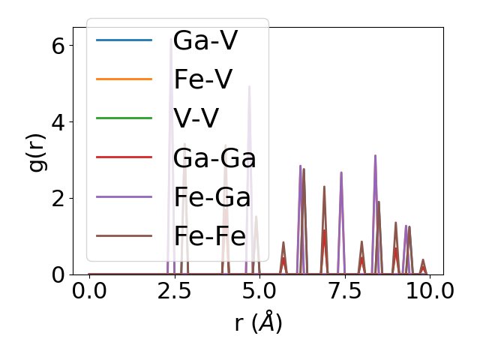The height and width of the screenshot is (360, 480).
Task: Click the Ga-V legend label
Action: click(x=205, y=40)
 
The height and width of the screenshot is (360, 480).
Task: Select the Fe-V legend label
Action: click(x=203, y=79)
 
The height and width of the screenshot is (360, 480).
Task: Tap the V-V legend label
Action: click(x=197, y=118)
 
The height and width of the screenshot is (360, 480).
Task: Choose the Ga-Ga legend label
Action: click(x=214, y=158)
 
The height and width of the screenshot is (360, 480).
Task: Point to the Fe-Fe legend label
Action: click(x=210, y=236)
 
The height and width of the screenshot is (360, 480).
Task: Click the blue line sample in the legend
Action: click(x=124, y=40)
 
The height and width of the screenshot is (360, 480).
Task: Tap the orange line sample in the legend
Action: click(x=124, y=79)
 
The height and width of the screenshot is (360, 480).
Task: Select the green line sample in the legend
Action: click(x=124, y=118)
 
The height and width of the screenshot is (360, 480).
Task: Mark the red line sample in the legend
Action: click(x=124, y=158)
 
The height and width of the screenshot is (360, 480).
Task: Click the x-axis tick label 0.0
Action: click(x=89, y=291)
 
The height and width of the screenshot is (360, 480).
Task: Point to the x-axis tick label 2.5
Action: click(x=174, y=291)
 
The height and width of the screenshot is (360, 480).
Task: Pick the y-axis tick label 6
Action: click(x=57, y=45)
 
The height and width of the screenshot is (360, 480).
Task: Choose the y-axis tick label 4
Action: click(x=57, y=121)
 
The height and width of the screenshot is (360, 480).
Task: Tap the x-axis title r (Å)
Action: click(x=258, y=323)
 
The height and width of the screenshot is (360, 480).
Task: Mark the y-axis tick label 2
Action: click(x=57, y=198)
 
